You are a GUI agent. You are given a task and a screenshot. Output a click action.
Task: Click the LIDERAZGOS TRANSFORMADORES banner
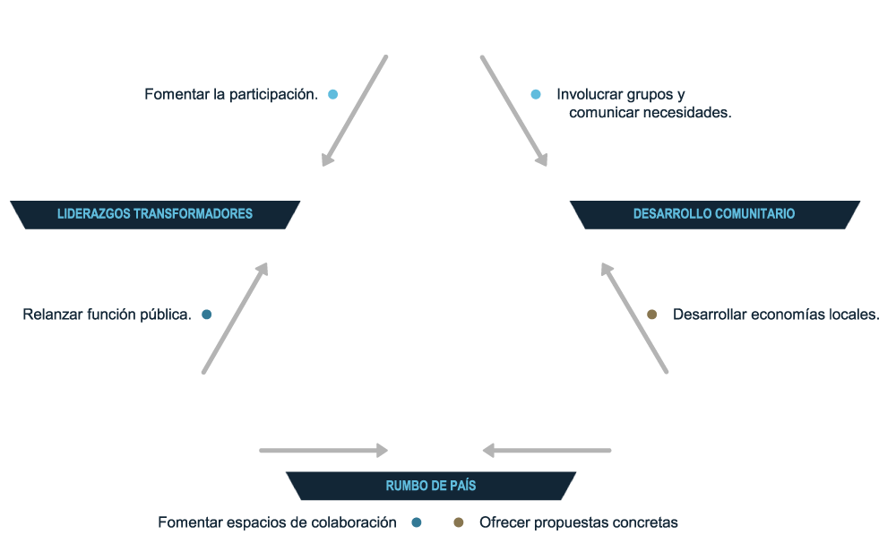pyautogui.click(x=155, y=214)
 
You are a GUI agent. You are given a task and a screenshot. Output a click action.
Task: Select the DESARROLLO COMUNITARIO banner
pyautogui.click(x=714, y=214)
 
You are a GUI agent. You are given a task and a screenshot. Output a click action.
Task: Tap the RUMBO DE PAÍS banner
pyautogui.click(x=431, y=486)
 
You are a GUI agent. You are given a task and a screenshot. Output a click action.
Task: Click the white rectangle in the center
pyautogui.click(x=436, y=286)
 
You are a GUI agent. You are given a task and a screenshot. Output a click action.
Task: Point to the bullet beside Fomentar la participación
pyautogui.click(x=333, y=94)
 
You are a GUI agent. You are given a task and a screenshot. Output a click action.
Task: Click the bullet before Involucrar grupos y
pyautogui.click(x=536, y=94)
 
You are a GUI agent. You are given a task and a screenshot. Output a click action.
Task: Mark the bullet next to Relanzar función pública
pyautogui.click(x=207, y=315)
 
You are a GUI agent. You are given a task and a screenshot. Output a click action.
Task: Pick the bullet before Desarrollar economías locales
pyautogui.click(x=652, y=315)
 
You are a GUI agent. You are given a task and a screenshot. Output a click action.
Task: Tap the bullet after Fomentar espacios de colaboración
pyautogui.click(x=416, y=522)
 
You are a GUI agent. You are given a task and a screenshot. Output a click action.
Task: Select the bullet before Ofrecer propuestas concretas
pyautogui.click(x=459, y=522)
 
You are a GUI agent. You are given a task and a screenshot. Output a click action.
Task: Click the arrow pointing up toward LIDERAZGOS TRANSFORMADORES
pyautogui.click(x=236, y=317)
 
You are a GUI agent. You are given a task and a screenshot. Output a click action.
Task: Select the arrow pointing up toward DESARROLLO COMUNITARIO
pyautogui.click(x=634, y=317)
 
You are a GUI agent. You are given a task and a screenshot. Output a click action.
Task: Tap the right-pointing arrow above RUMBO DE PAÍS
pyautogui.click(x=323, y=450)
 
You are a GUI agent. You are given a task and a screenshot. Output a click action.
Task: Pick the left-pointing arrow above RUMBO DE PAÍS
pyautogui.click(x=547, y=450)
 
